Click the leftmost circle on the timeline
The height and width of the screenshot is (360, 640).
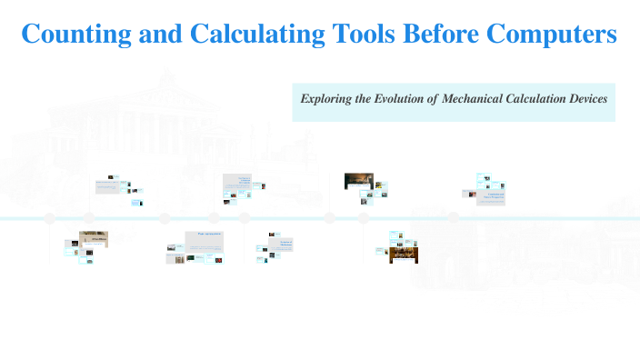tap(50, 218)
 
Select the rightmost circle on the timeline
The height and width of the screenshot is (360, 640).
tap(453, 218)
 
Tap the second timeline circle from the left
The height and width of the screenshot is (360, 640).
tap(89, 218)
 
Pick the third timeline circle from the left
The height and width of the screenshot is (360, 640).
tap(165, 218)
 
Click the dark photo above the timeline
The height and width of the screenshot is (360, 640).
tap(358, 181)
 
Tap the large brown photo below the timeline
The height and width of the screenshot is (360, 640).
tap(404, 254)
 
